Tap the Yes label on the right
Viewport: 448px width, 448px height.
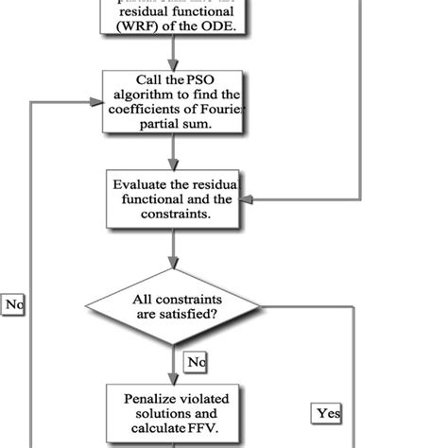click(328, 412)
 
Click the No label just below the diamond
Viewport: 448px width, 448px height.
click(195, 361)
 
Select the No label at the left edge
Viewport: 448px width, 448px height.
click(14, 304)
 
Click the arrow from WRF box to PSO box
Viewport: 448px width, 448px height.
click(173, 53)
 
